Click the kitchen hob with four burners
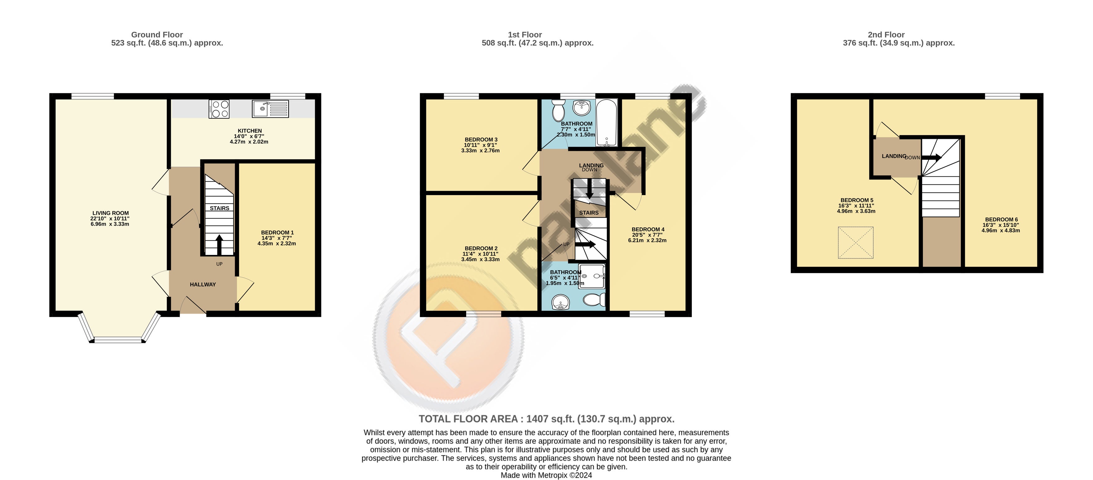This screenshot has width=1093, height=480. pos(219,109)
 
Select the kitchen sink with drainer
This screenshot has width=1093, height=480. pos(270,109)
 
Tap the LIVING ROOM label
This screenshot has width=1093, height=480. pos(111,213)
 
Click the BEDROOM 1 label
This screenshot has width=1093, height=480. pos(277,233)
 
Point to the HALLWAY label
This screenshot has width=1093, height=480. pos(203,285)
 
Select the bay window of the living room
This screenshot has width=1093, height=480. pos(118,328)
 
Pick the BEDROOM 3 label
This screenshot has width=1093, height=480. pos(481,139)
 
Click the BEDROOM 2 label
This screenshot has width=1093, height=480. pos(481,248)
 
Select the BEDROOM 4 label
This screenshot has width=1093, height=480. pos(648,229)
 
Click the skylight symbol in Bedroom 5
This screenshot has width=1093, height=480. pos(856,242)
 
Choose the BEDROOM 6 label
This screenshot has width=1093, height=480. pos(1001,220)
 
